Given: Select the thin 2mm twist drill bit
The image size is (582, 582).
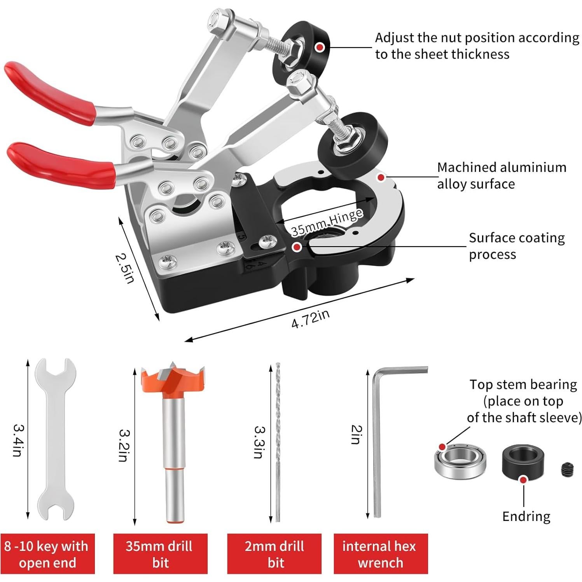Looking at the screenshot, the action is point(278,442).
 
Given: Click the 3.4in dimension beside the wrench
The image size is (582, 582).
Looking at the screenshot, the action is point(17,440).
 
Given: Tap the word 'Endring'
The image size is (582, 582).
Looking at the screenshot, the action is point(526,516).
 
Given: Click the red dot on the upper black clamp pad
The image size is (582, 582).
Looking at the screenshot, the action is point(320,47).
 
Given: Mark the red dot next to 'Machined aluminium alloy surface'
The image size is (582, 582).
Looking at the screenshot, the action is point(381,177).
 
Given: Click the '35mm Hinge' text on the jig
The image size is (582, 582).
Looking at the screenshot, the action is point(327,222).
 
